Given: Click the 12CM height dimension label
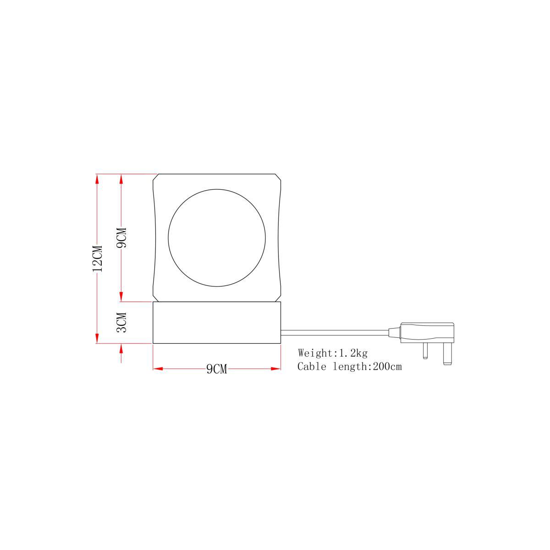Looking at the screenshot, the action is click(x=98, y=258).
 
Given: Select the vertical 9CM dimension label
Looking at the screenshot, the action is click(x=121, y=238).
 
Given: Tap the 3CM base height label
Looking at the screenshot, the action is click(x=121, y=322).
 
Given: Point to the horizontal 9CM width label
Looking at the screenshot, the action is click(x=217, y=369).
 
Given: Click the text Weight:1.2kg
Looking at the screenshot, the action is click(x=333, y=353).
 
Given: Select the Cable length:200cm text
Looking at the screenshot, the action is click(x=350, y=367).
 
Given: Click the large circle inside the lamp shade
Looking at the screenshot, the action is click(x=168, y=238).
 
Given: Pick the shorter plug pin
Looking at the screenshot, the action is click(x=425, y=351).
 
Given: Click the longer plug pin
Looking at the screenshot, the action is click(x=447, y=354).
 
